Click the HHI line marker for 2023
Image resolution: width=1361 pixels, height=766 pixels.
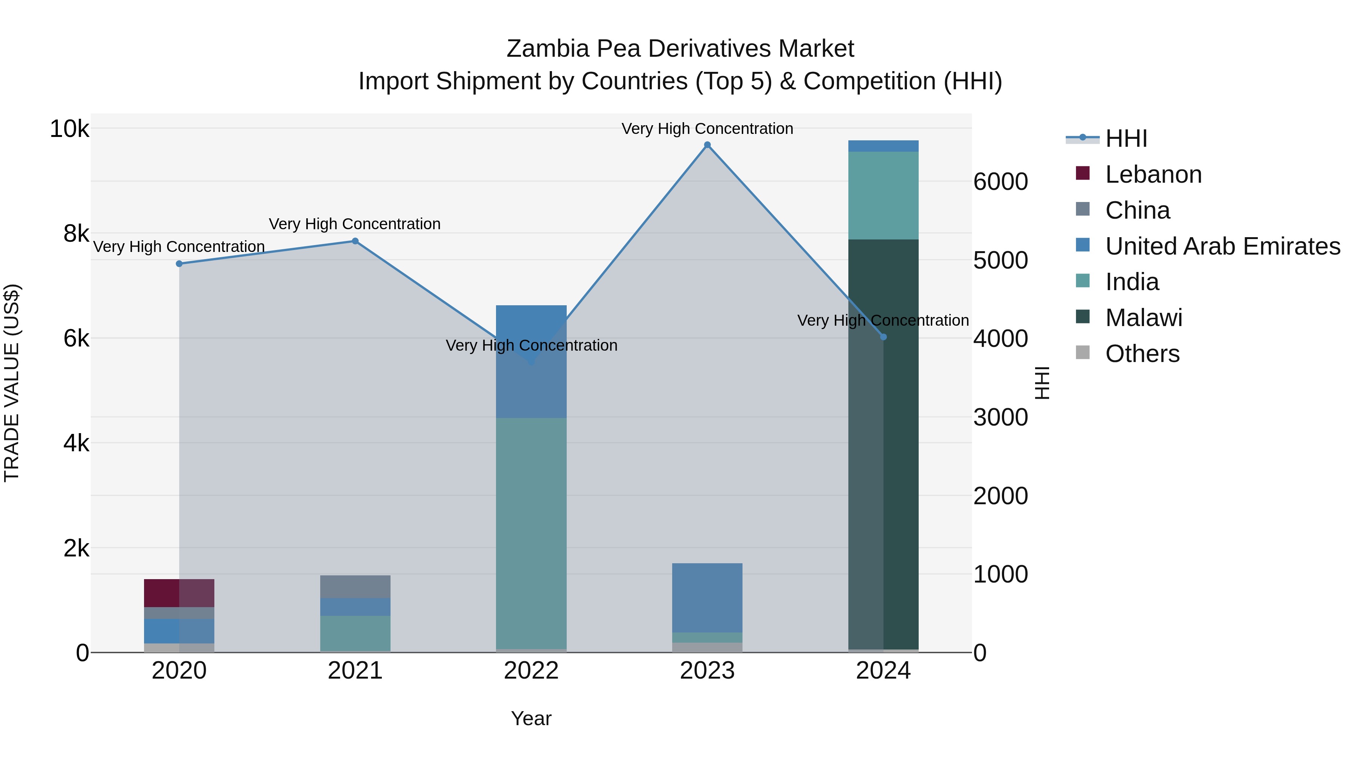(707, 145)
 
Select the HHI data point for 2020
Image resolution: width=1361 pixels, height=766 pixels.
(179, 264)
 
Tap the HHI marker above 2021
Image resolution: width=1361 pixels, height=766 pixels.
(355, 241)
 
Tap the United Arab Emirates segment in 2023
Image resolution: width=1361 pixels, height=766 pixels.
(707, 597)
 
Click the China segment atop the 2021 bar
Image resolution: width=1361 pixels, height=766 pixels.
(355, 586)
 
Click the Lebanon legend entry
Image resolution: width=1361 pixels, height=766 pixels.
(1153, 174)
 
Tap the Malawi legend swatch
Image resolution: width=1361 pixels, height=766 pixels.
(1083, 317)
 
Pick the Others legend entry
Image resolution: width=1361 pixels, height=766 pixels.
(1142, 354)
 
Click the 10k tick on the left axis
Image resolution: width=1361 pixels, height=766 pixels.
(69, 129)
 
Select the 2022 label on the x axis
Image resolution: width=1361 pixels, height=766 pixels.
(531, 671)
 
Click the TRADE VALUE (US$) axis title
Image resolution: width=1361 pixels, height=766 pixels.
(12, 383)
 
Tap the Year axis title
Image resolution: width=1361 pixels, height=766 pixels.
(531, 718)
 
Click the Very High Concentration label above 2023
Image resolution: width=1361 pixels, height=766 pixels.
(707, 129)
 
